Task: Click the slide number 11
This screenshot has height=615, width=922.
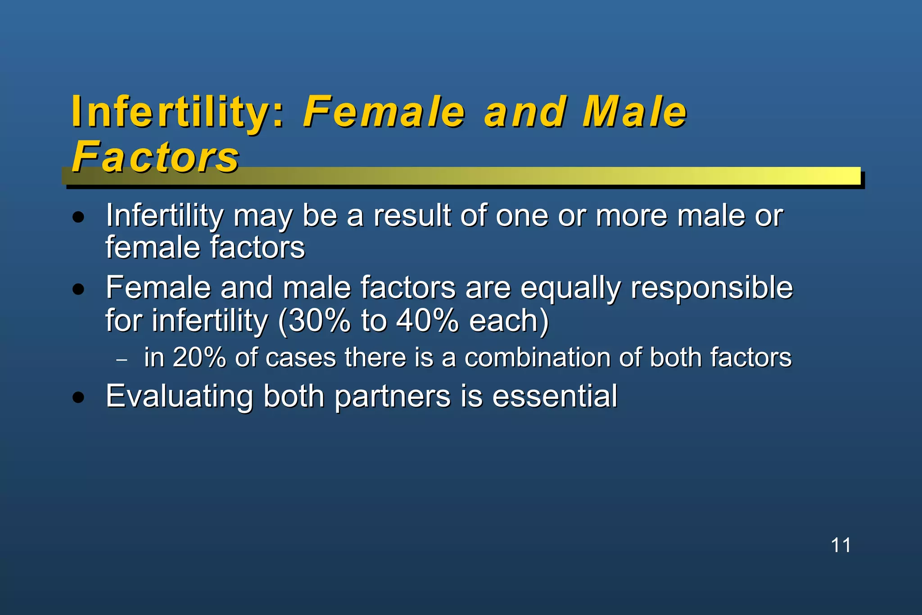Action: pos(841,545)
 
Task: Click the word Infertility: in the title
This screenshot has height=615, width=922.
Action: pos(178,112)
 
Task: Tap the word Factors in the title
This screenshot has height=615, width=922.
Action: pos(155,157)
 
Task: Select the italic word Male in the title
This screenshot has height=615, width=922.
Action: pos(634,112)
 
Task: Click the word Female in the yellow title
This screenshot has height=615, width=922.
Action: pos(384,112)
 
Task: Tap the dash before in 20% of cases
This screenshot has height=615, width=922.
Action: pos(122,360)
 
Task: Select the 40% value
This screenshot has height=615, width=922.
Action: pos(427,321)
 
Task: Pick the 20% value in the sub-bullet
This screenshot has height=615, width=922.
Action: pos(199,357)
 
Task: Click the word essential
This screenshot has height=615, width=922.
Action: pos(555,396)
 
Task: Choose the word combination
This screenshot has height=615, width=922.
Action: pos(537,357)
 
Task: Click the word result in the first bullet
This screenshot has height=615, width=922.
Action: pos(412,216)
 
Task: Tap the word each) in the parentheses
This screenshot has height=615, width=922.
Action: pos(509,321)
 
